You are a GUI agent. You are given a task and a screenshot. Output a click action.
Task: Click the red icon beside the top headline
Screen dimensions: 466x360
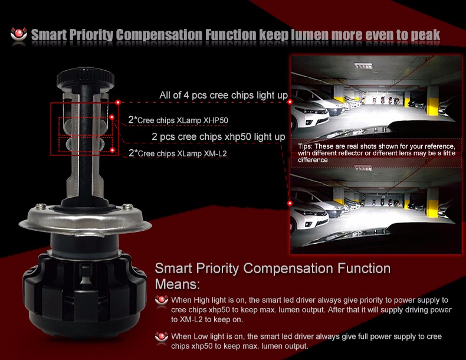[19, 34]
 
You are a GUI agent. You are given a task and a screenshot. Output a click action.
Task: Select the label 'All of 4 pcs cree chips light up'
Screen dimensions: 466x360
[224, 95]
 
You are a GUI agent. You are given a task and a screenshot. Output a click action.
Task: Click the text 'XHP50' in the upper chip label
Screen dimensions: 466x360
[216, 120]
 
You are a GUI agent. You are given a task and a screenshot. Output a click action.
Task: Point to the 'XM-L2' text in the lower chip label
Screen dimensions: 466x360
[215, 153]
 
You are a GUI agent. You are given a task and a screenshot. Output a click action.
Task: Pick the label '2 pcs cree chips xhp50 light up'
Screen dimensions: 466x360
[218, 136]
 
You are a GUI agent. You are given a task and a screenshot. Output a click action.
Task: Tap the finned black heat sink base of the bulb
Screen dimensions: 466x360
[84, 293]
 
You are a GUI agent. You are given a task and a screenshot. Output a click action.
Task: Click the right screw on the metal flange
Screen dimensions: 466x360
[128, 206]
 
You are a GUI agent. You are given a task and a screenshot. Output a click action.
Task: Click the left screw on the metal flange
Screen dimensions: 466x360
[41, 206]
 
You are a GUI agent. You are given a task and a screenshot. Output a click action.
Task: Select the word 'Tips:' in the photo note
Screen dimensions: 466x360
[305, 146]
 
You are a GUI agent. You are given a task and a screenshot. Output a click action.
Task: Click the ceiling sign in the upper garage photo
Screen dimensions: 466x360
[363, 66]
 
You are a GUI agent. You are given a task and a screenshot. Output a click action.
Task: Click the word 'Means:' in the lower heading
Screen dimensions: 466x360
[178, 284]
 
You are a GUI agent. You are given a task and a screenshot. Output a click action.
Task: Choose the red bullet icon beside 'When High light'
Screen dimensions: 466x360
[162, 300]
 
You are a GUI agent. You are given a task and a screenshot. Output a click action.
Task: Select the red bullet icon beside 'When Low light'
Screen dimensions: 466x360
[162, 337]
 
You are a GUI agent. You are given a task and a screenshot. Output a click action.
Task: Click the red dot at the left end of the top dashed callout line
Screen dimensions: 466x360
[118, 102]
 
